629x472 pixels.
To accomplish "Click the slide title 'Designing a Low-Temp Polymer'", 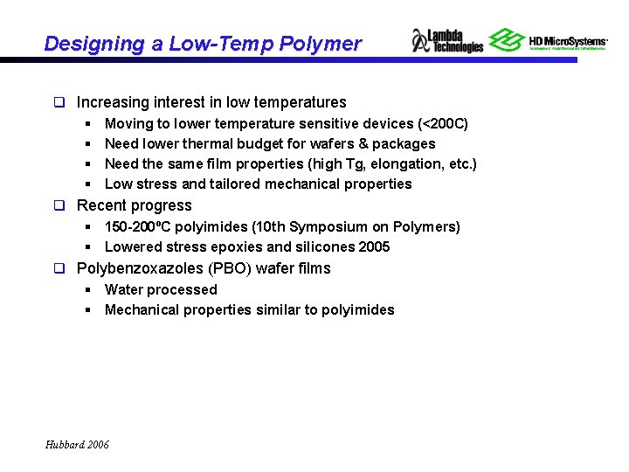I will (x=202, y=44).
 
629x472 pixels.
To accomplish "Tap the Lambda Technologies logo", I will (x=447, y=40).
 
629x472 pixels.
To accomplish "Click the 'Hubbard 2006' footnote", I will (x=78, y=445).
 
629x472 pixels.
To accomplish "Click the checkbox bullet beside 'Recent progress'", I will (x=60, y=206).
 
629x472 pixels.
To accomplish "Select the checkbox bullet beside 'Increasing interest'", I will (x=60, y=103).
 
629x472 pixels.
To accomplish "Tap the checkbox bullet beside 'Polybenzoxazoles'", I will (x=60, y=269).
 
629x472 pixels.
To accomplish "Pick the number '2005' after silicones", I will (x=374, y=247).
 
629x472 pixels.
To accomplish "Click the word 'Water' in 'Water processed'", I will (x=124, y=290).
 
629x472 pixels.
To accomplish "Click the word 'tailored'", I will (x=230, y=184).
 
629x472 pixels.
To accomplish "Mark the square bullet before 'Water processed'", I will (x=89, y=290).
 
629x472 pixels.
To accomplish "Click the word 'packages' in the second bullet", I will (x=404, y=144).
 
